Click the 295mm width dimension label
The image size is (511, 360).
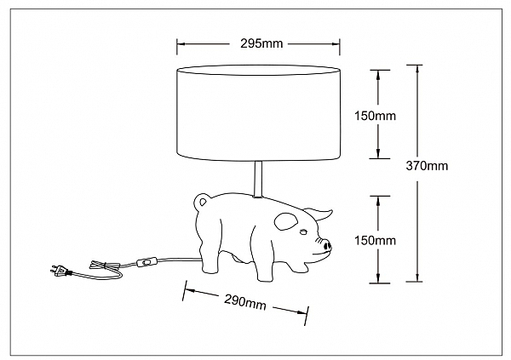[261, 43]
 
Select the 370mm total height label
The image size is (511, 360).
[427, 166]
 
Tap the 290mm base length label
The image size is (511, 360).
[245, 303]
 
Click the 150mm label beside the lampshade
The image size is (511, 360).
[375, 116]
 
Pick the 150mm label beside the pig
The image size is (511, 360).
[375, 241]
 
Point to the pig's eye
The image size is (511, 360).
[303, 232]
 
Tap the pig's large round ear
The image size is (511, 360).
[286, 221]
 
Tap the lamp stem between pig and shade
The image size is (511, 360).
[258, 179]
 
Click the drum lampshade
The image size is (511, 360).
[258, 113]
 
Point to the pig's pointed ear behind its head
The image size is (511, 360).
[319, 213]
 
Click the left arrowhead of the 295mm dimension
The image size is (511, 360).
[181, 43]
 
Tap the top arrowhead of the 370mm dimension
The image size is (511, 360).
[417, 69]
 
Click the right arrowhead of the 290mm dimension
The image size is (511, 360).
[302, 312]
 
